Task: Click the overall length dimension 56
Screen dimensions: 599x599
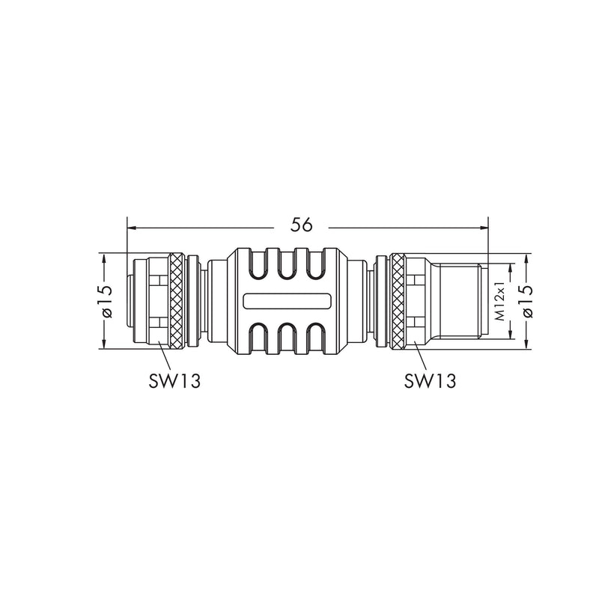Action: (302, 225)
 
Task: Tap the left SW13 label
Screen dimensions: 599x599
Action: (174, 380)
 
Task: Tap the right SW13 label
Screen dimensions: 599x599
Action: (430, 380)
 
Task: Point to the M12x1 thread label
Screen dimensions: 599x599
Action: (499, 301)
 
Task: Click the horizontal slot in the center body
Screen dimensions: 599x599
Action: (287, 301)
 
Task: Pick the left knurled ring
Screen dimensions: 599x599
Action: (176, 301)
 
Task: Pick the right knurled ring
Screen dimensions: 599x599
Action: (398, 301)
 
